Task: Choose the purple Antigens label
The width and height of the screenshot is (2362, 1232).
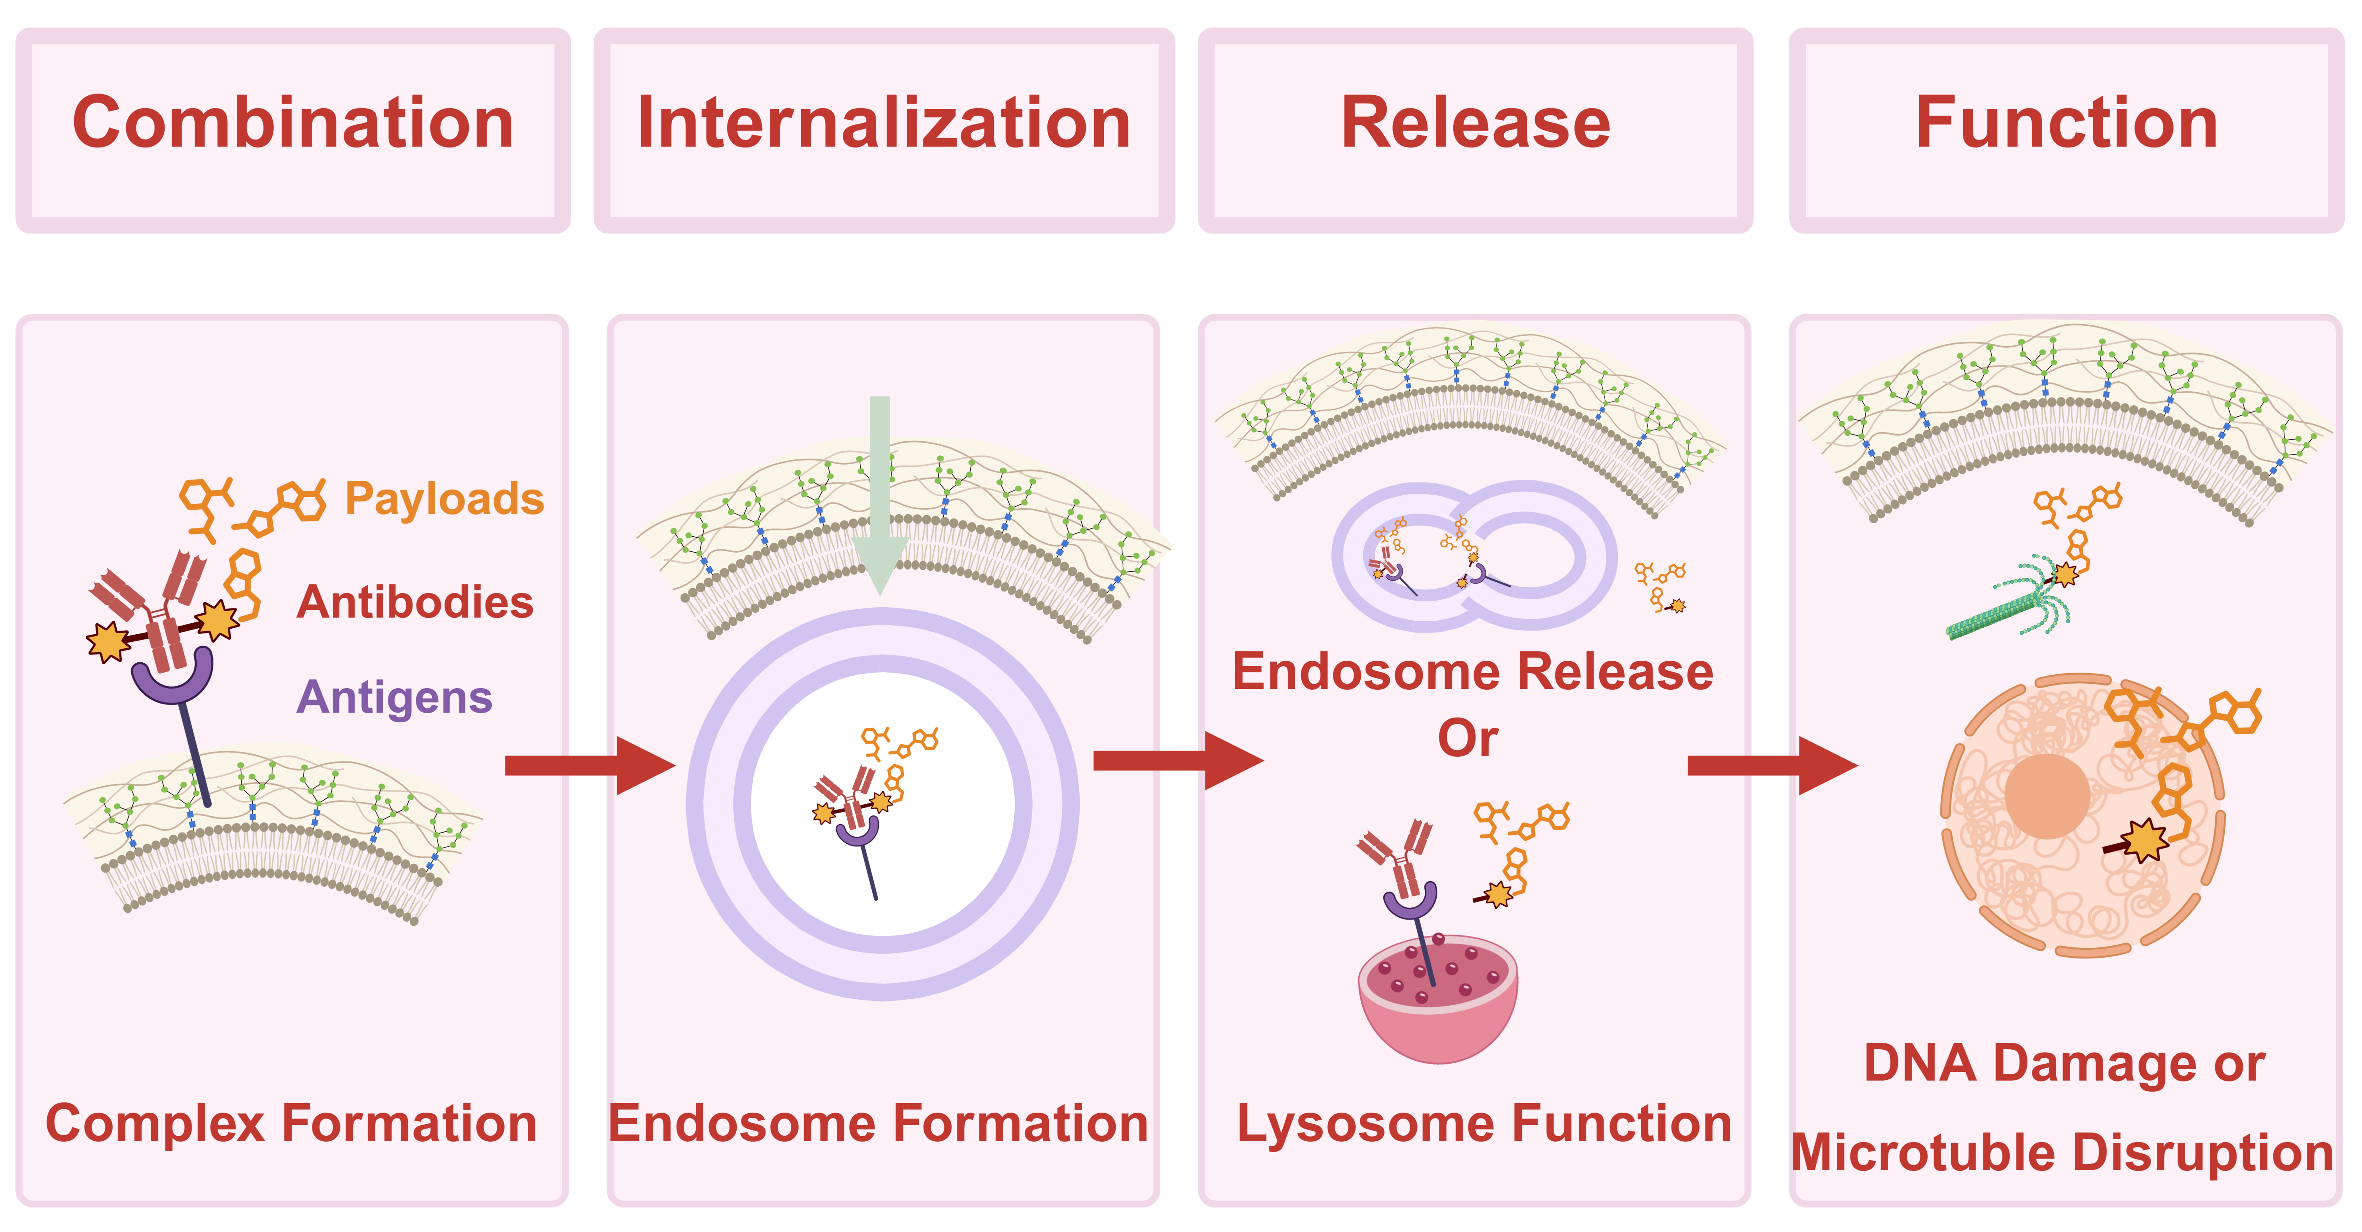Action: coord(394,698)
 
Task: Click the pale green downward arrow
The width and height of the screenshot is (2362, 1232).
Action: coord(880,495)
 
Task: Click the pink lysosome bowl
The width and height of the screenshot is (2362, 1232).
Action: coord(1437,1008)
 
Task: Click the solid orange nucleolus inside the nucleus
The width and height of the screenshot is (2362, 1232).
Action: coord(2047,796)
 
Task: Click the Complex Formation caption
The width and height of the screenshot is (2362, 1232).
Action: coord(291,1124)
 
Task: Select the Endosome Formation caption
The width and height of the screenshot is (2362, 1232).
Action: coord(878,1124)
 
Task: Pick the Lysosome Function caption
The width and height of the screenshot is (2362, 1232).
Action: coord(1484,1124)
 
